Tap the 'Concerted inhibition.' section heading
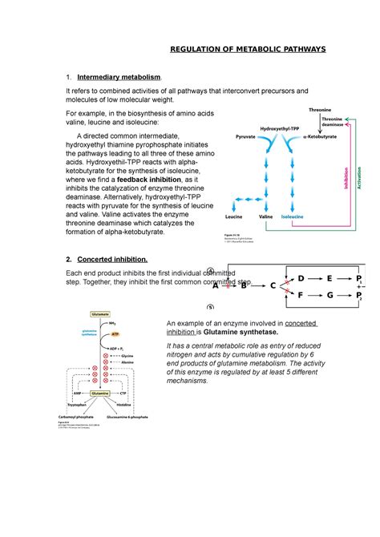coord(112,260)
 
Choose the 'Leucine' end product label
coord(234,217)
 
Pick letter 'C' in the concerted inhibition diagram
coord(273,285)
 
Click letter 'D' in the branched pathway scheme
coord(301,277)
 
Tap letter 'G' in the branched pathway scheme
coord(329,296)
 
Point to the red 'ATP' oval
coord(93,333)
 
